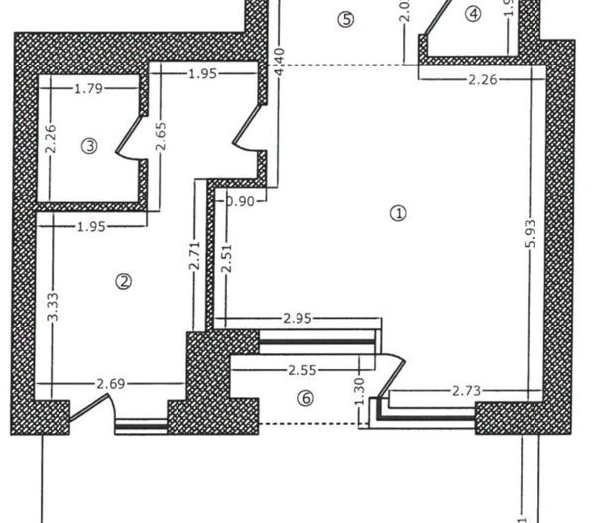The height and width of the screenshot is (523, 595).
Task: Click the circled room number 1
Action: tap(399, 212)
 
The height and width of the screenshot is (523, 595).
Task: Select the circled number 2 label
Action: tap(124, 281)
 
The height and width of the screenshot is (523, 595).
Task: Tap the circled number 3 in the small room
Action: tap(89, 145)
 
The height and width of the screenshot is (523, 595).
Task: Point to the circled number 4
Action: tap(473, 14)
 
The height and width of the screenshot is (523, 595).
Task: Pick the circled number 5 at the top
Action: tap(345, 19)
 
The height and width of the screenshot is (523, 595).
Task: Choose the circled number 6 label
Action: tap(305, 398)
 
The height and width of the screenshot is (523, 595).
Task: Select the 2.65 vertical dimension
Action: tap(160, 137)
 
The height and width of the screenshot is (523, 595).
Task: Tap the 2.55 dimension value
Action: tap(301, 369)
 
